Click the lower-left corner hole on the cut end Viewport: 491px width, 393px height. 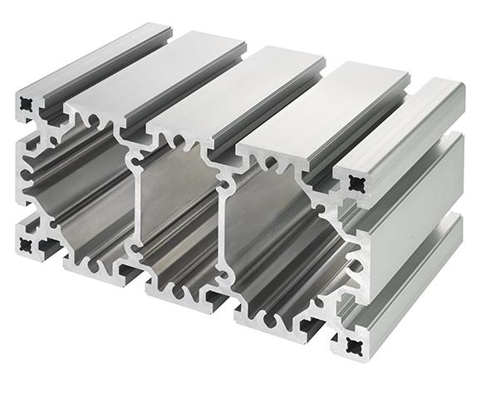29,243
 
